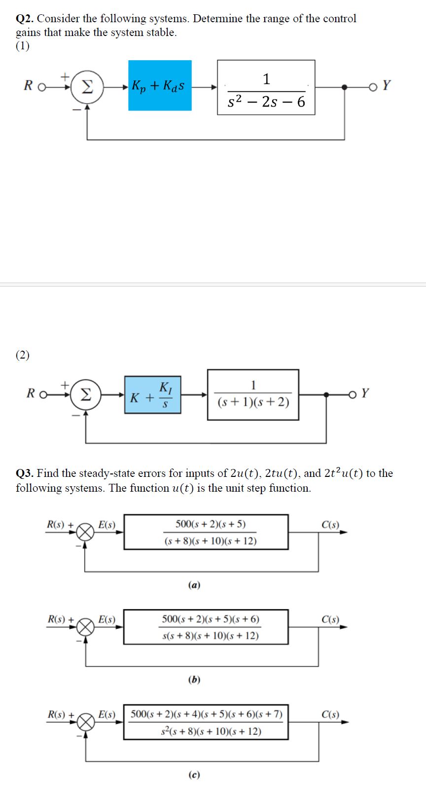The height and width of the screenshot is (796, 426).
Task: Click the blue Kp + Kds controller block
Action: (160, 85)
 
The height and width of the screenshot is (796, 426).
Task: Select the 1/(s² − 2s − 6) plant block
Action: (266, 88)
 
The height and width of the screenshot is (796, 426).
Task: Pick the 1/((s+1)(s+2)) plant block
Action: (253, 395)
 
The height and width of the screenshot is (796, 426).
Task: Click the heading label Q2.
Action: (25, 19)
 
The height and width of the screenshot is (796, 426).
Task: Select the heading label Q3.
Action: (25, 473)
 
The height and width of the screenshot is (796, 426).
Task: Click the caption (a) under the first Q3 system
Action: (194, 585)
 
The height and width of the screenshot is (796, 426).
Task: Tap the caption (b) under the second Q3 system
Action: (194, 680)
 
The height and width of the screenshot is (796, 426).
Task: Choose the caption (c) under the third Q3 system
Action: (194, 775)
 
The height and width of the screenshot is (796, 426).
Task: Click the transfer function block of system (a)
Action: (206, 532)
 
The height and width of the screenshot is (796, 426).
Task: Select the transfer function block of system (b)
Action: (206, 627)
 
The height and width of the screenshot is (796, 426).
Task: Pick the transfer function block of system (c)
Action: (206, 722)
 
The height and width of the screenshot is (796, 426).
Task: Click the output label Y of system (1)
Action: (386, 85)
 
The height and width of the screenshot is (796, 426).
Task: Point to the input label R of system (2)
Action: (31, 394)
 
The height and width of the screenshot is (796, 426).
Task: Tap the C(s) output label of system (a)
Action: (330, 525)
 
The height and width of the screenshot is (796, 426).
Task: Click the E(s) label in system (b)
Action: (106, 619)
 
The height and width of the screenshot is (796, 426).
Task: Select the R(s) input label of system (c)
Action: (58, 714)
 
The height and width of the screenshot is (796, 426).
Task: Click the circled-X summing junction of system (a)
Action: (86, 533)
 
